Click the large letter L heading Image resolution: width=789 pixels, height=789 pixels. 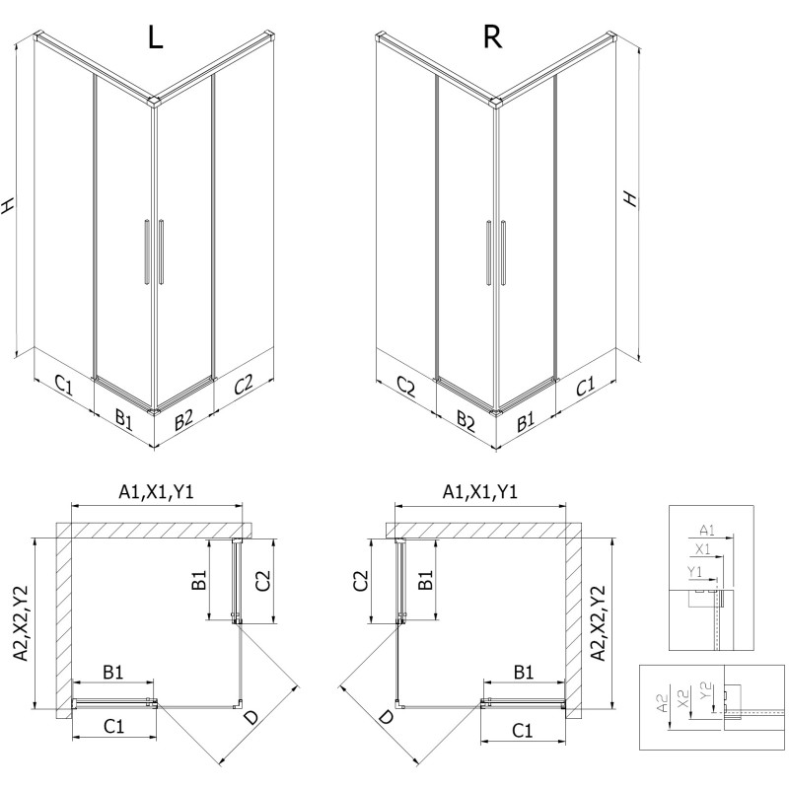(x=154, y=36)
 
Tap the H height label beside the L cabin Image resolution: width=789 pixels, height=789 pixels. (x=9, y=204)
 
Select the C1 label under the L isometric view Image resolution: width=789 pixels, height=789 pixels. (x=62, y=386)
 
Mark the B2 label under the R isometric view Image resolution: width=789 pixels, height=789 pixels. (x=466, y=421)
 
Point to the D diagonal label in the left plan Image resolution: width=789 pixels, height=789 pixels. (x=253, y=718)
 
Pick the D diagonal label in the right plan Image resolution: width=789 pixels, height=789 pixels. (x=385, y=718)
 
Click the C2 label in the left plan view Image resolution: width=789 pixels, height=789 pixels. (x=261, y=581)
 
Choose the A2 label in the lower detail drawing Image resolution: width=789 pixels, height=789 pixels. (x=662, y=700)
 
